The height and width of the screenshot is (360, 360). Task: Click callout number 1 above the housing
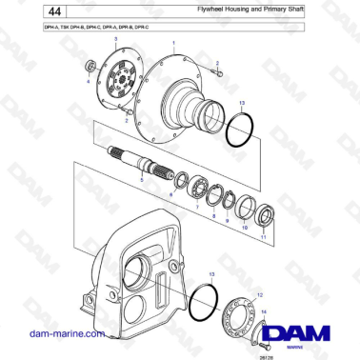tap(173, 44)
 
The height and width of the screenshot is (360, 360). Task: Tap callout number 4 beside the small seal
tap(90, 82)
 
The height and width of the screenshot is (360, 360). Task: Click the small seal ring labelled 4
tap(91, 67)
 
